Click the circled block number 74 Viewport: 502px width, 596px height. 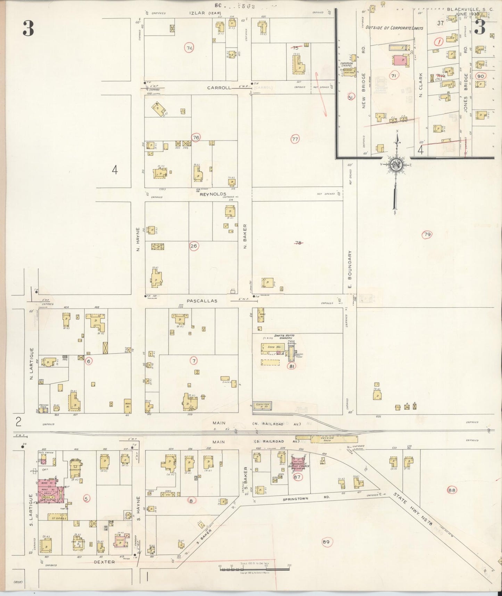pyautogui.click(x=189, y=48)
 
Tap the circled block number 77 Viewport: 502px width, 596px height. pyautogui.click(x=295, y=139)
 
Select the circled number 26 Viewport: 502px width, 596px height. pyautogui.click(x=194, y=246)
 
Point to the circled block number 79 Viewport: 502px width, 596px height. pyautogui.click(x=427, y=235)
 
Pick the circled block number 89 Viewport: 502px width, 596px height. pyautogui.click(x=326, y=542)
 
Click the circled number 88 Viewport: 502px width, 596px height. pyautogui.click(x=452, y=490)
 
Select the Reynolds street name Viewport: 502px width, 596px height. pyautogui.click(x=213, y=194)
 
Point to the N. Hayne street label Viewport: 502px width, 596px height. pyautogui.click(x=138, y=239)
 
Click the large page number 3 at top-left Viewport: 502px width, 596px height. pyautogui.click(x=28, y=29)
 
